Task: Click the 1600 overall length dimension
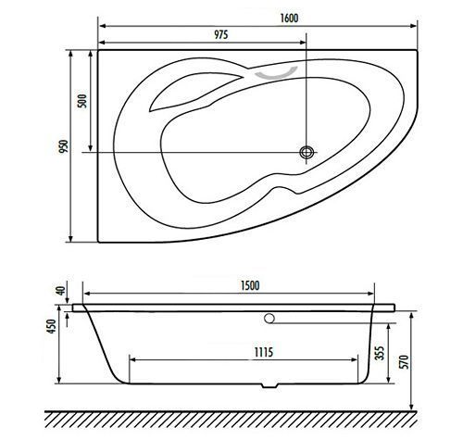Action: coord(289,18)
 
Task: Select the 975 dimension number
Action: coord(221,34)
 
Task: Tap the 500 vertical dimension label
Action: coord(82,101)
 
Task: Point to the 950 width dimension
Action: coord(64,146)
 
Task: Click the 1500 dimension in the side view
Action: coord(250,285)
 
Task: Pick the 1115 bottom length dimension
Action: coord(263,352)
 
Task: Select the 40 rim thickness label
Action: coord(61,291)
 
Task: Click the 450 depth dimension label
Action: coord(51,326)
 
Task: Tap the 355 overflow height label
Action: coord(380,353)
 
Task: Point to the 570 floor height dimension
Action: coord(405,361)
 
